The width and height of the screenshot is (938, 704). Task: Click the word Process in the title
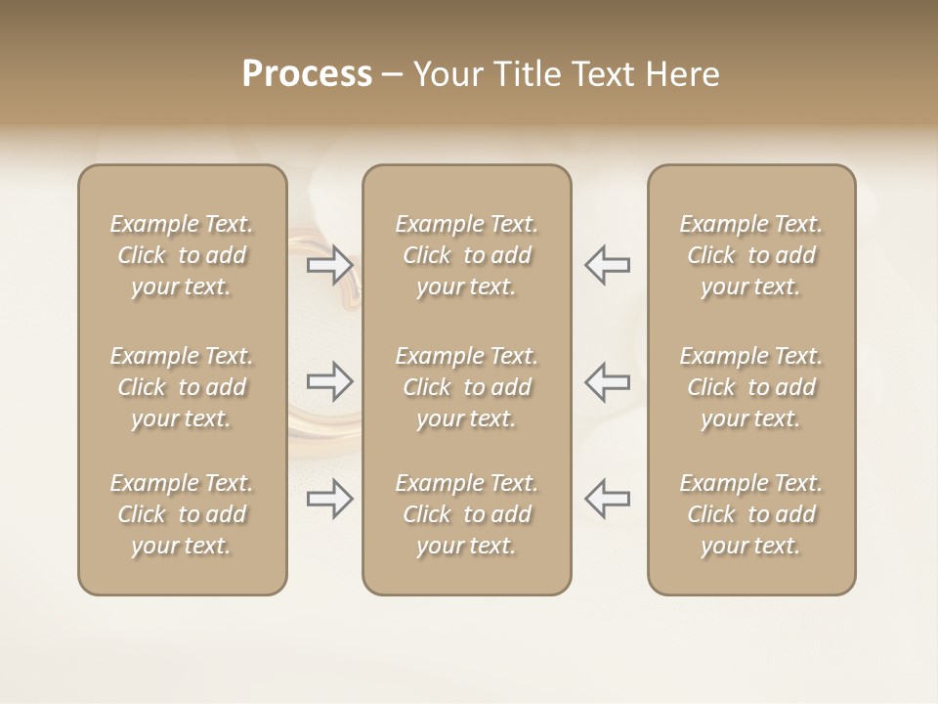click(x=307, y=74)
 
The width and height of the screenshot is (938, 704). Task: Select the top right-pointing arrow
click(x=329, y=265)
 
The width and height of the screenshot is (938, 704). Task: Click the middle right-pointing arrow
click(x=329, y=381)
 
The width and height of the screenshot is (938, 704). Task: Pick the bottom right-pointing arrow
click(x=329, y=499)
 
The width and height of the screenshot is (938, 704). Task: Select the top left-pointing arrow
click(x=608, y=265)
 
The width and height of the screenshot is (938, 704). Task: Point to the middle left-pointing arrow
click(x=608, y=381)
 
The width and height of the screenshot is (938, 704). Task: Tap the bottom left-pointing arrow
click(x=608, y=499)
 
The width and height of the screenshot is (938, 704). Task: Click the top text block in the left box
click(x=182, y=255)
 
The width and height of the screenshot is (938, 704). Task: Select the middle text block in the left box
click(x=182, y=387)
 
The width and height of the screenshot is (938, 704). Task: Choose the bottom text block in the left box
click(x=182, y=514)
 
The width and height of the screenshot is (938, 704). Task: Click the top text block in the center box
click(x=467, y=255)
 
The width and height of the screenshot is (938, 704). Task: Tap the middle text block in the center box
click(x=467, y=387)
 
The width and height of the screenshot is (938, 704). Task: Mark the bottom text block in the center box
click(x=467, y=514)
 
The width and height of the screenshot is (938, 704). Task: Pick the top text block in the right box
click(x=751, y=255)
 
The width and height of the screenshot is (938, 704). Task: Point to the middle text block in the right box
click(x=751, y=387)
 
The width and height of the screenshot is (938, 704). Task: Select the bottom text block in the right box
click(x=751, y=514)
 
